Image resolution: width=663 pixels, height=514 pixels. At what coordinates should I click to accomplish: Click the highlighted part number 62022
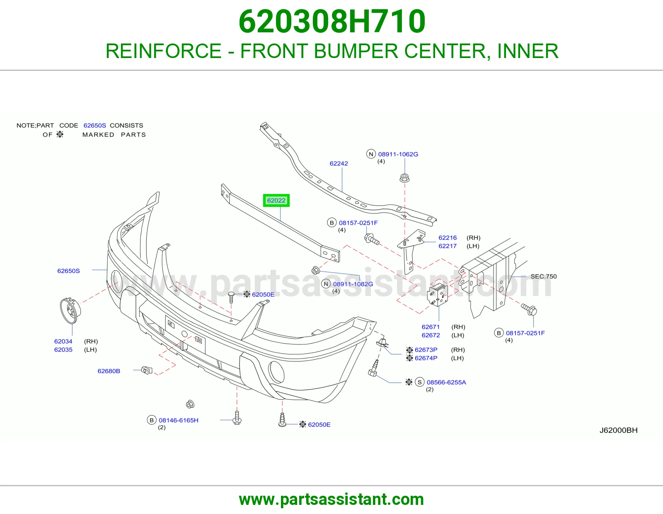point(276,201)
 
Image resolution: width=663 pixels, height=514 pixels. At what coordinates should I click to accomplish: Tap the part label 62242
point(339,163)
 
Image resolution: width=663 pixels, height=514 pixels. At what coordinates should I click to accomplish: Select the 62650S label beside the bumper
point(69,271)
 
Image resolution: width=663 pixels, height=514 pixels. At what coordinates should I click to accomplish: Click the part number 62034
point(63,341)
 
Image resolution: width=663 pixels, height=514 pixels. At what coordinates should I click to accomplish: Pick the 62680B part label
point(109,371)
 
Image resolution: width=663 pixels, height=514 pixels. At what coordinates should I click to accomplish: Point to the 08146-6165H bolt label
point(179,420)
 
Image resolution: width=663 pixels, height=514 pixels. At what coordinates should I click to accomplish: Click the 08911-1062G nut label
point(398,154)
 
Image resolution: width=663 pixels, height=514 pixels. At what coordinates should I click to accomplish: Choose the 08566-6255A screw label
point(446,382)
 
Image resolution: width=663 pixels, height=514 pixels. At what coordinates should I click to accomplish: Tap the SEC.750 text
point(544,276)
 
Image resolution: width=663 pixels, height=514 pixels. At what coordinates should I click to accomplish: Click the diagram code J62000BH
point(618,430)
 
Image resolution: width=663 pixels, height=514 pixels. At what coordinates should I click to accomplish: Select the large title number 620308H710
point(332,22)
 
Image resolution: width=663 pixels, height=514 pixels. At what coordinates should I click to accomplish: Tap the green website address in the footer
point(331,499)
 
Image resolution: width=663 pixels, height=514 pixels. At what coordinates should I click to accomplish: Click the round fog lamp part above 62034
point(70,310)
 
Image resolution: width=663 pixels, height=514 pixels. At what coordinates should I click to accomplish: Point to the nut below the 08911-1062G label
point(404,178)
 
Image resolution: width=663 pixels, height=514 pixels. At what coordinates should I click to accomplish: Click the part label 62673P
point(426,349)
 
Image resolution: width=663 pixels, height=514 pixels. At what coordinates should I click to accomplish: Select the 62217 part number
point(448,246)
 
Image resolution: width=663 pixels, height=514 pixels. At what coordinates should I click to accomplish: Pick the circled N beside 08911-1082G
point(326,284)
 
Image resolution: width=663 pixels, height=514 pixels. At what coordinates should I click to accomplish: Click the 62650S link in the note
point(94,126)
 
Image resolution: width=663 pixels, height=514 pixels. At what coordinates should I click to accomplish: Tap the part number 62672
point(431,335)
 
